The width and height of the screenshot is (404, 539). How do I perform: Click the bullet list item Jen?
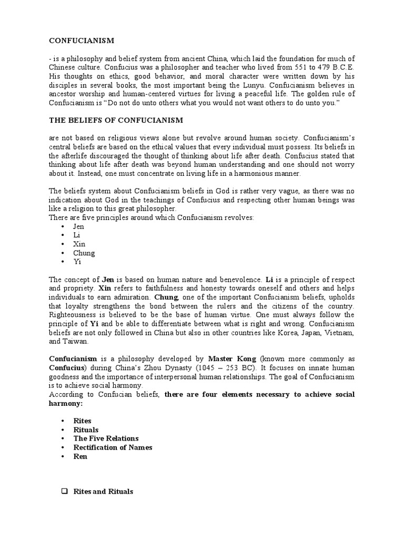click(78, 227)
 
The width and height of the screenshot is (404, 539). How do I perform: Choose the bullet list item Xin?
click(79, 244)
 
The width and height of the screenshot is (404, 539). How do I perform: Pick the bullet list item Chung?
click(84, 253)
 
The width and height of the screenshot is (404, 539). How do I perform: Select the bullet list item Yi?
click(77, 262)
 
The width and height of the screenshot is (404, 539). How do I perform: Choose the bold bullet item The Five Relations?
click(106, 438)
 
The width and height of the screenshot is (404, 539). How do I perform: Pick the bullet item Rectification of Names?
click(113, 447)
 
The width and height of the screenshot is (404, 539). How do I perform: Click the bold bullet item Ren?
click(80, 456)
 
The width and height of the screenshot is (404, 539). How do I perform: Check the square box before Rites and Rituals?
click(65, 492)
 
